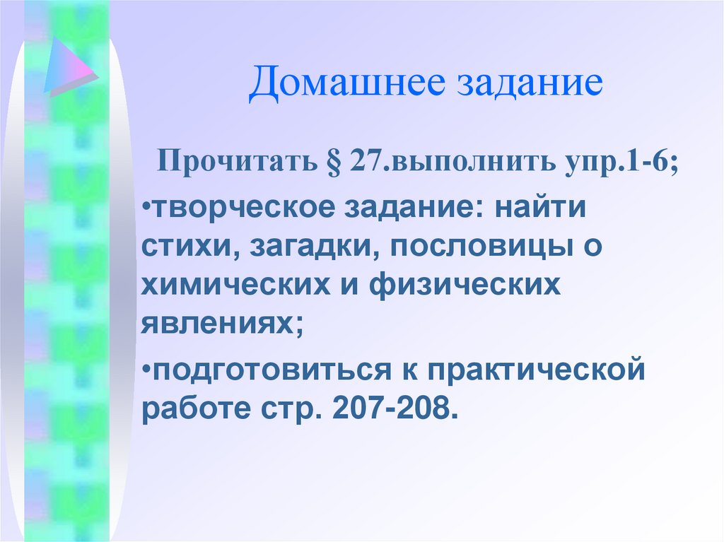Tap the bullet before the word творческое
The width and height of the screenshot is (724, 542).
(145, 210)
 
